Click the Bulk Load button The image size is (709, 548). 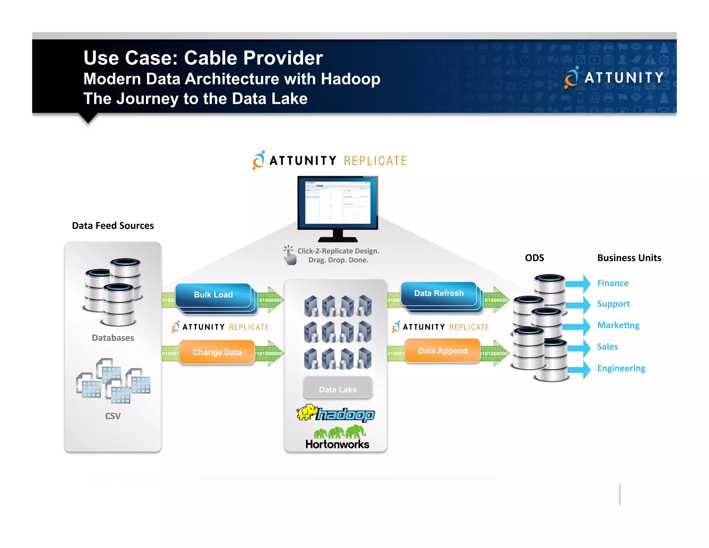(213, 295)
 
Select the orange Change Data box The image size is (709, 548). (217, 352)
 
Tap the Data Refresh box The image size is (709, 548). (439, 293)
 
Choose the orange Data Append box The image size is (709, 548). (442, 351)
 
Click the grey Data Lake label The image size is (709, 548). (338, 389)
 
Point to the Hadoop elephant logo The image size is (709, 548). (307, 412)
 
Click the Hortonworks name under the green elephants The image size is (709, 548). (337, 444)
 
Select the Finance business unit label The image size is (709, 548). (612, 283)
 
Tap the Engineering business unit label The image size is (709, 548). (621, 368)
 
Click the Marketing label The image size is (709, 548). (618, 325)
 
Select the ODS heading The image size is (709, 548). (534, 258)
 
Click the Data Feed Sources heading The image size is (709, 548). (113, 226)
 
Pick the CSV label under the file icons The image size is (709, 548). (113, 416)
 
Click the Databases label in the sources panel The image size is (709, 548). (113, 338)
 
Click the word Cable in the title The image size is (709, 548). (211, 58)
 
